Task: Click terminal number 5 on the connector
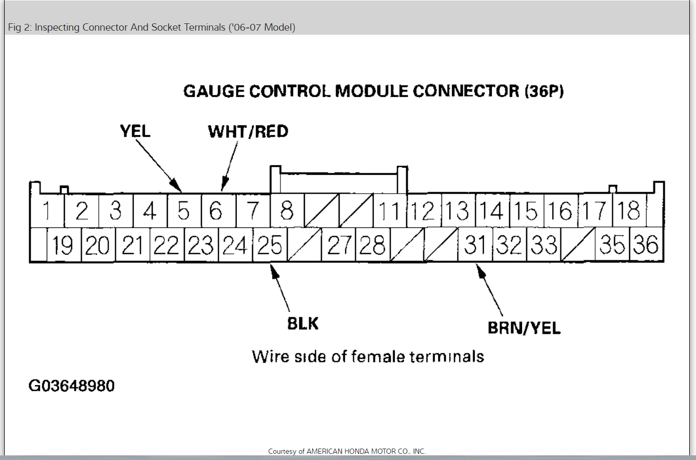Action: (x=184, y=211)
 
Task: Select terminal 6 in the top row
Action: (x=217, y=211)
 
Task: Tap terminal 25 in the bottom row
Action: (x=270, y=245)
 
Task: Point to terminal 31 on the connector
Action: (x=474, y=245)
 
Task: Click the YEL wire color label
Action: (x=135, y=131)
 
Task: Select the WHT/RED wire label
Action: (x=248, y=132)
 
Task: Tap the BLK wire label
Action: (x=303, y=323)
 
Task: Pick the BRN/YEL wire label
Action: (x=524, y=328)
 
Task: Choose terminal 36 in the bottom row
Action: (x=646, y=245)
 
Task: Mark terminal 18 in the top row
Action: (x=630, y=211)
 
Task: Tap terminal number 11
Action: (x=389, y=211)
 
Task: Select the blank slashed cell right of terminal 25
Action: (x=304, y=245)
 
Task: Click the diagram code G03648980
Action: (x=71, y=386)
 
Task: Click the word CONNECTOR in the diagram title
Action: (x=466, y=91)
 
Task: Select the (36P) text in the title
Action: (x=544, y=91)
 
